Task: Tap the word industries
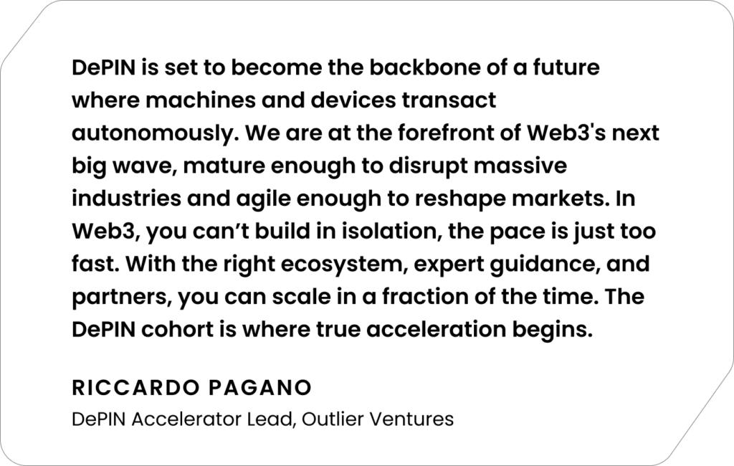[126, 199]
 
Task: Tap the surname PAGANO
[260, 388]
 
